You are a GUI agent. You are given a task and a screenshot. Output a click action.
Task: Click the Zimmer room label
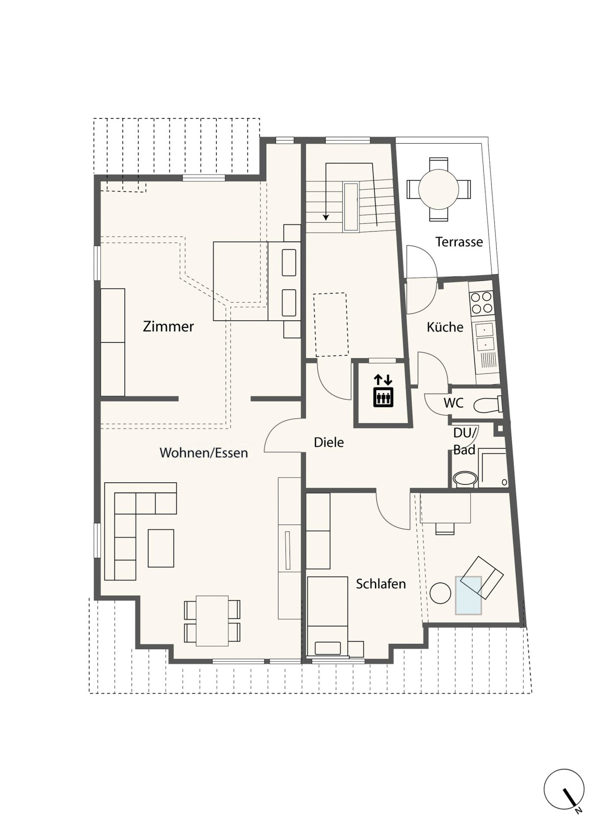(168, 326)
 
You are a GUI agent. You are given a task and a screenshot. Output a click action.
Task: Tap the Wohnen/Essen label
(203, 453)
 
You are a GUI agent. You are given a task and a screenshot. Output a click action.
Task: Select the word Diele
(329, 442)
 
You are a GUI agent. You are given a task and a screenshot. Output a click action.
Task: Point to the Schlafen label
(381, 584)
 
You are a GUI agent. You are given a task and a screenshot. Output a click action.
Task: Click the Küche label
(445, 327)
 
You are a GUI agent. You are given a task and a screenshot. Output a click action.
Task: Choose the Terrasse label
(459, 242)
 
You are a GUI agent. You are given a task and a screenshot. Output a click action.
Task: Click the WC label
(454, 403)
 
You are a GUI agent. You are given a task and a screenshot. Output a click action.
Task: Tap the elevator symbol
(383, 391)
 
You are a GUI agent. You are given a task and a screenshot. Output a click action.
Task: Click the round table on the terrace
(438, 189)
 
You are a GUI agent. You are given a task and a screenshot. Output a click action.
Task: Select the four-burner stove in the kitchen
(481, 302)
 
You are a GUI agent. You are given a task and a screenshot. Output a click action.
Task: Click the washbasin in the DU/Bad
(465, 479)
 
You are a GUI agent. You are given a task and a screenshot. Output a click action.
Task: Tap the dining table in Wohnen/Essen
(212, 620)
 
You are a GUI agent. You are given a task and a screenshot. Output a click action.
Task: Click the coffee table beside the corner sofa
(161, 548)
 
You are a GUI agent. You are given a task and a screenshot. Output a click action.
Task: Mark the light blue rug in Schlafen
(468, 595)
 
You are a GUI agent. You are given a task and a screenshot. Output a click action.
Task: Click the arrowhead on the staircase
(326, 217)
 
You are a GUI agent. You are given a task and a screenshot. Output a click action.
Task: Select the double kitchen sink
(485, 336)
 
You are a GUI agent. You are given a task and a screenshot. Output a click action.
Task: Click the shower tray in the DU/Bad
(493, 468)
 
